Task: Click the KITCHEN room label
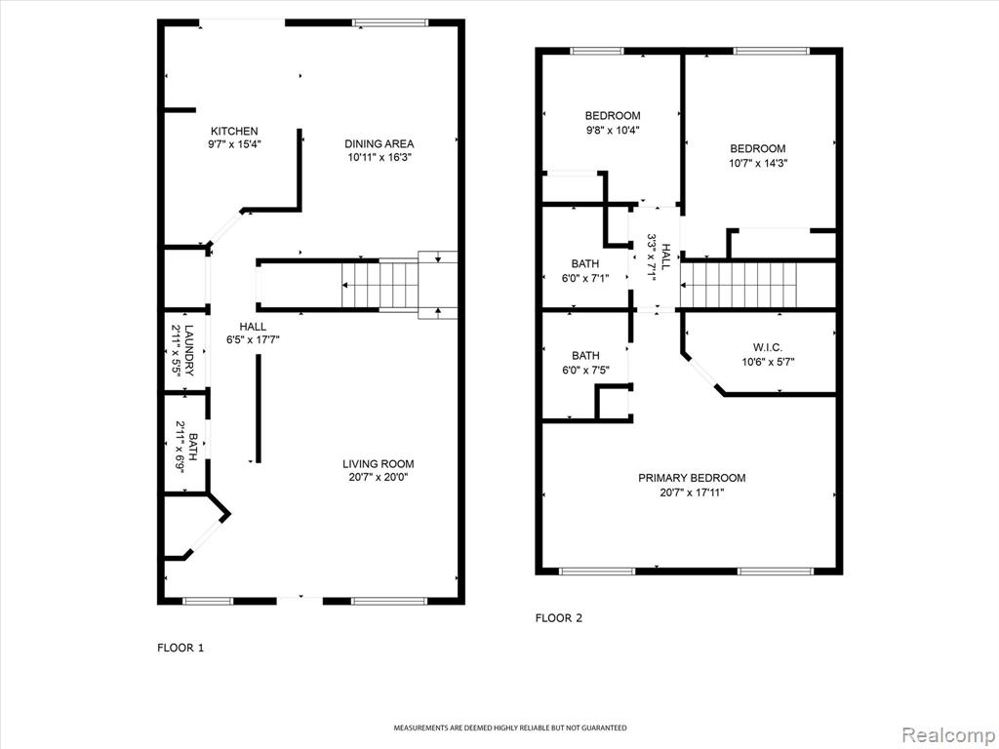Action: click(x=234, y=132)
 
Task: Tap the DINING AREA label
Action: click(x=380, y=144)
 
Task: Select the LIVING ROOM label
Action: click(x=379, y=464)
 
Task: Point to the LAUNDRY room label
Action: click(x=188, y=350)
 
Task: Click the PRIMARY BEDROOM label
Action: click(x=692, y=478)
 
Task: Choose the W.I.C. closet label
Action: click(x=768, y=348)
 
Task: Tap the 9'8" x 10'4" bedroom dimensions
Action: click(x=613, y=130)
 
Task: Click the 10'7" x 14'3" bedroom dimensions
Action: click(x=758, y=163)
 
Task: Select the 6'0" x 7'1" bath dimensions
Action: click(x=585, y=278)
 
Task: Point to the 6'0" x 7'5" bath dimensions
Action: click(x=585, y=370)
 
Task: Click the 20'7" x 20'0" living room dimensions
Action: click(x=379, y=478)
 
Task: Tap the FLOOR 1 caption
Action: click(x=180, y=649)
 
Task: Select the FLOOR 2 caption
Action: click(x=559, y=617)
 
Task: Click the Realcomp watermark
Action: click(x=947, y=735)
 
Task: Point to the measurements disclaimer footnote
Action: click(x=509, y=728)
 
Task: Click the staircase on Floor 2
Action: click(x=739, y=285)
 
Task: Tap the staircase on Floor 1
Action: click(x=399, y=285)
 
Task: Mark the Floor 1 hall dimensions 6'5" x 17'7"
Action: click(x=253, y=340)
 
